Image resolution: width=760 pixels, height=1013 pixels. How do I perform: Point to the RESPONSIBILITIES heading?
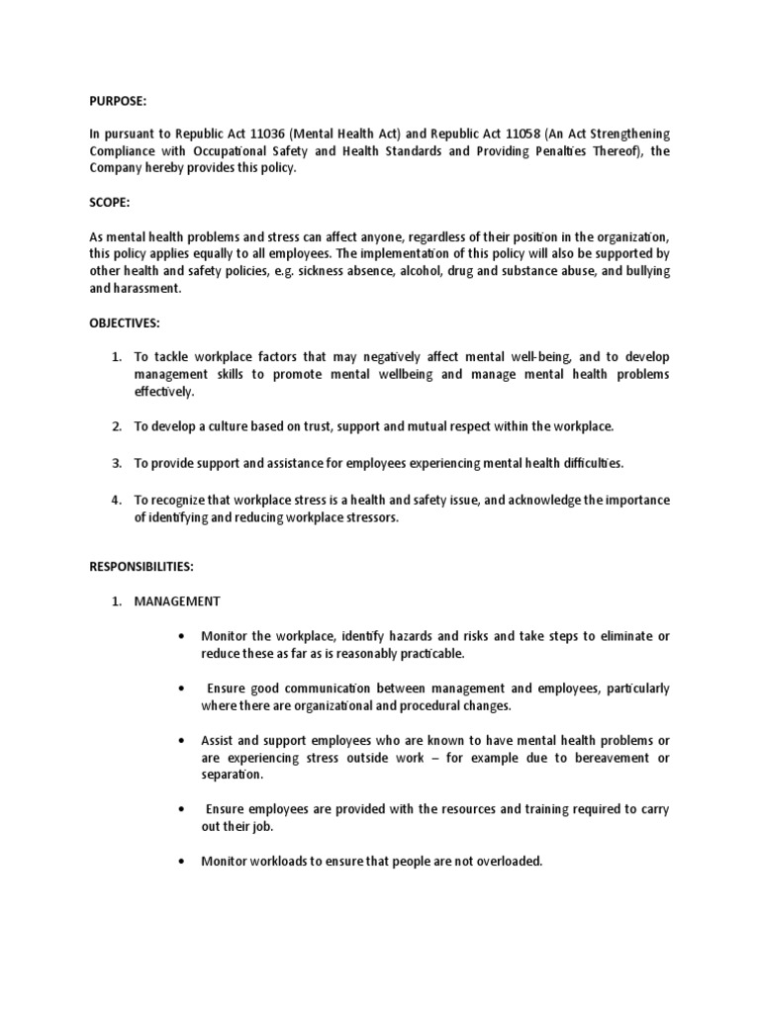(142, 568)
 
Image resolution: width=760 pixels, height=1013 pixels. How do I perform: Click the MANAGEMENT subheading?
(178, 600)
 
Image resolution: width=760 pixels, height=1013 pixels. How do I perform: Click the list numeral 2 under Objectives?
(116, 426)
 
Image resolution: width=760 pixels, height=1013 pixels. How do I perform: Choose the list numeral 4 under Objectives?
(116, 501)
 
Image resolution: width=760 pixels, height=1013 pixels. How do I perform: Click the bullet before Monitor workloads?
(183, 862)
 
